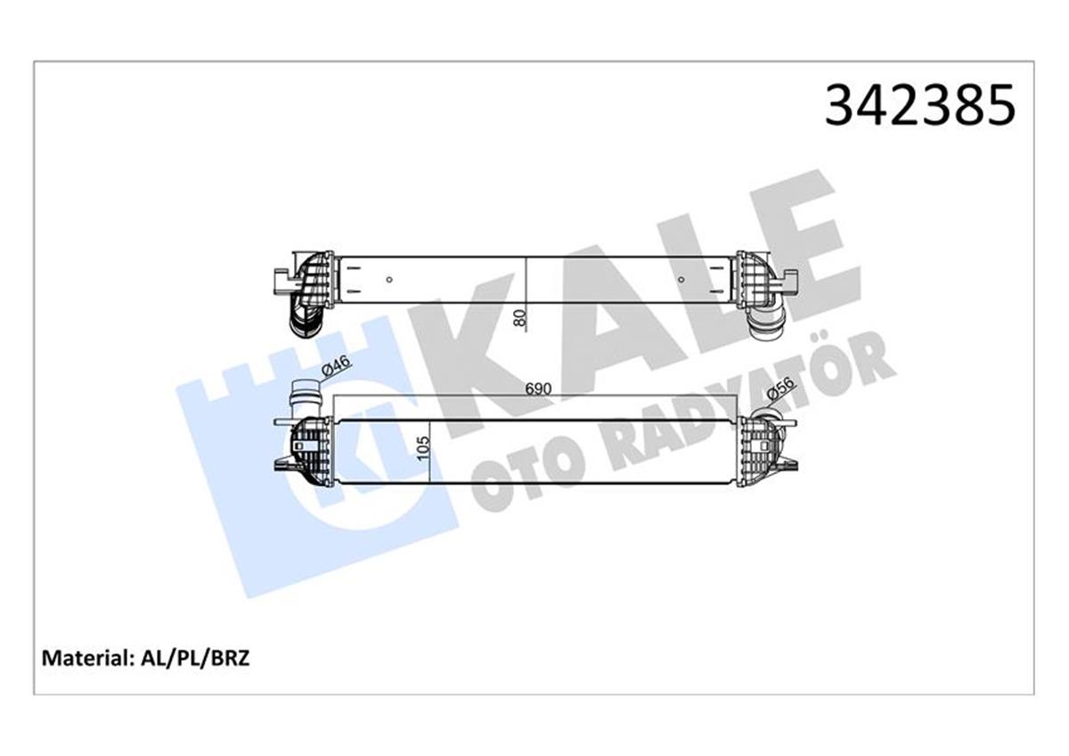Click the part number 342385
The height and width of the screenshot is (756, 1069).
[x=919, y=105]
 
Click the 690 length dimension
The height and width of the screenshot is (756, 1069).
[x=538, y=390]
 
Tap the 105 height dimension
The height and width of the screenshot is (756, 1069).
[x=424, y=446]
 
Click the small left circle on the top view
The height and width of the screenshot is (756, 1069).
[x=389, y=280]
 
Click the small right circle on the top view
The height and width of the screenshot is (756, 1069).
[x=681, y=280]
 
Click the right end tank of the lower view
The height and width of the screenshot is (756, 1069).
[x=757, y=451]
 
